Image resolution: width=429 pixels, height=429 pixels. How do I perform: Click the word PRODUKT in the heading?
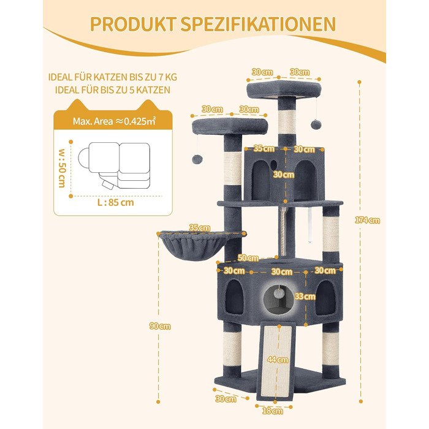click(x=133, y=25)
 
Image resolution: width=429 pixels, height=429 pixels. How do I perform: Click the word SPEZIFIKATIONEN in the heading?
click(x=258, y=25)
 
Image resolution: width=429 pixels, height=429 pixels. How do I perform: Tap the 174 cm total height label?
click(x=368, y=220)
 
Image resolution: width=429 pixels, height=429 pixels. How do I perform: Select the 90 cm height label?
click(x=160, y=326)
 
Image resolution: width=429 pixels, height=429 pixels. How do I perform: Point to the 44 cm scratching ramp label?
click(x=278, y=360)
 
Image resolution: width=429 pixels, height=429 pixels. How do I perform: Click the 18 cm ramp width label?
click(x=273, y=411)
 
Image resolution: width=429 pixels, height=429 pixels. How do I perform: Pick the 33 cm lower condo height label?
click(x=305, y=297)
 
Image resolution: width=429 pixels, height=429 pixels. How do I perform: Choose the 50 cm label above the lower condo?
click(x=248, y=258)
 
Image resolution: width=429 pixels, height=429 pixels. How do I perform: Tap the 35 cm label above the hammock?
click(x=200, y=227)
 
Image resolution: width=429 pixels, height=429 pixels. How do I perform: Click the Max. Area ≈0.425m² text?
click(x=115, y=121)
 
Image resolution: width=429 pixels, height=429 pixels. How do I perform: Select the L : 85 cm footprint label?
click(x=116, y=203)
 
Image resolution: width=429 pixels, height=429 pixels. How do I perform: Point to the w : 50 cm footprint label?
click(x=62, y=169)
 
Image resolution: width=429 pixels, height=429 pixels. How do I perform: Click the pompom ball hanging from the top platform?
click(x=316, y=124)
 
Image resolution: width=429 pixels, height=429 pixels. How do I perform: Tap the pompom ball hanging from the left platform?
click(x=197, y=159)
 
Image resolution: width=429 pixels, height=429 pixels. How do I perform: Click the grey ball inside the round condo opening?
click(x=279, y=294)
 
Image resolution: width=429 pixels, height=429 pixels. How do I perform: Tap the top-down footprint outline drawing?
click(x=114, y=165)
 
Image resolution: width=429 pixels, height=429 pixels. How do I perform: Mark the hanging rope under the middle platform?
click(x=283, y=232)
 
